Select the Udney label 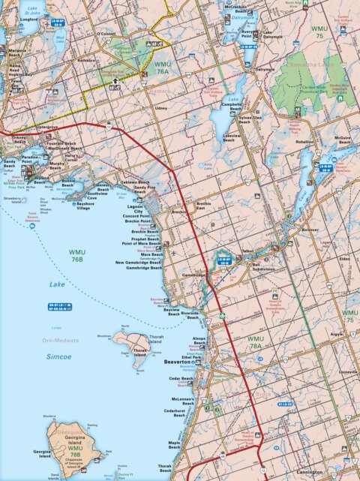pyautogui.click(x=160, y=108)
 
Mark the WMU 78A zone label pyautogui.click(x=255, y=342)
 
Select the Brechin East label pyautogui.click(x=207, y=206)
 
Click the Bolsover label pyautogui.click(x=310, y=229)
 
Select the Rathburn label pyautogui.click(x=87, y=60)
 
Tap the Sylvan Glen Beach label pyautogui.click(x=250, y=119)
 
